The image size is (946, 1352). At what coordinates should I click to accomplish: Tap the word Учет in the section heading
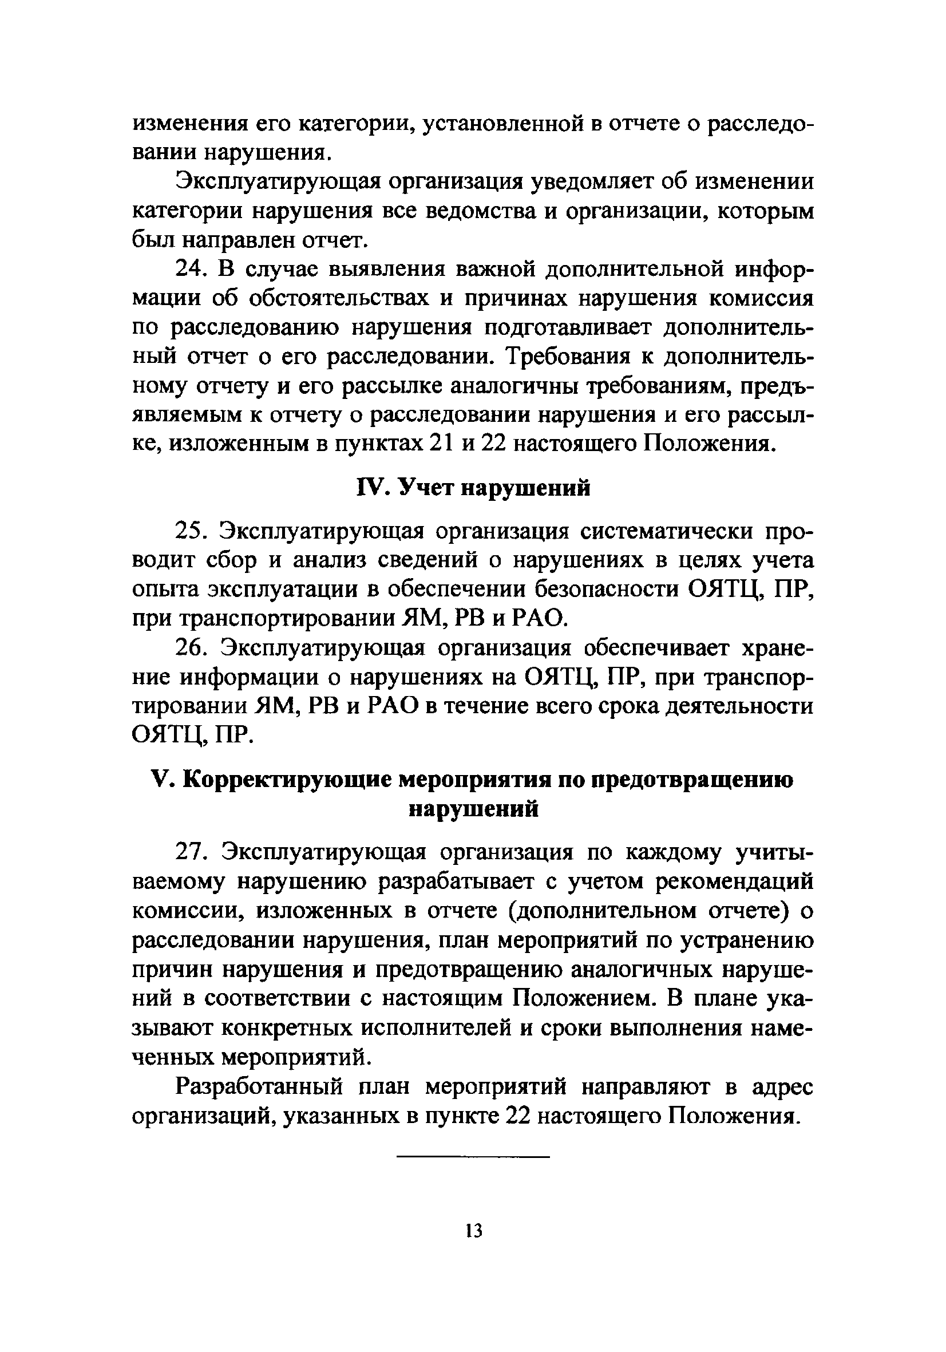[424, 488]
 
